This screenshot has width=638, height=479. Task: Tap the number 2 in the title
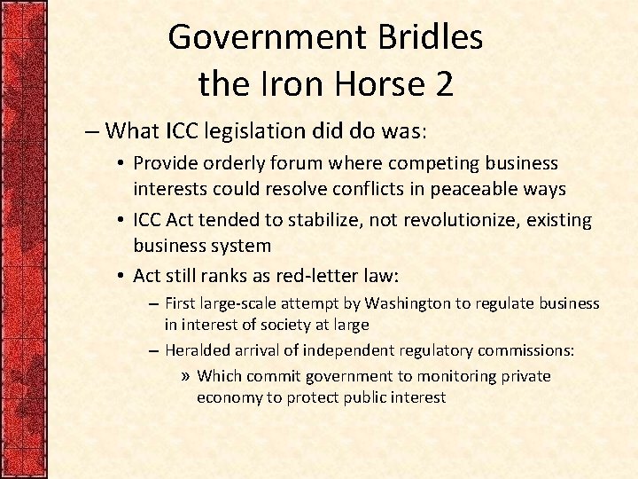coord(443,84)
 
